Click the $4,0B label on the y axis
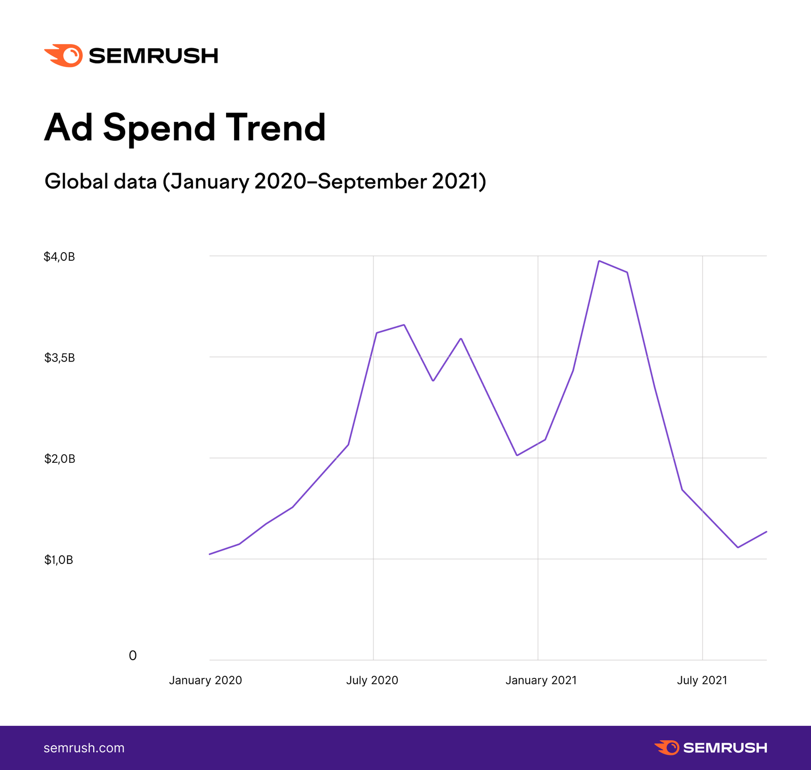[59, 257]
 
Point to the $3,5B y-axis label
[59, 358]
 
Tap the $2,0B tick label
[59, 459]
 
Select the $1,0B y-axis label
[59, 560]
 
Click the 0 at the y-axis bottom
[133, 656]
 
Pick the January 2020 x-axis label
[205, 680]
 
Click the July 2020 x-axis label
[372, 680]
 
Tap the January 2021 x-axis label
[541, 680]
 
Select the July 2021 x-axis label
[702, 680]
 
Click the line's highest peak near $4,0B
[599, 261]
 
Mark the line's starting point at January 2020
[210, 554]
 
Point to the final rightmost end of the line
[766, 532]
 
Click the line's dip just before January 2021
[517, 455]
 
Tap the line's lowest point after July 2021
[738, 547]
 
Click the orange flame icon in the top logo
[65, 56]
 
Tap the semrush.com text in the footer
[84, 748]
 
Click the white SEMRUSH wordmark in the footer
[725, 748]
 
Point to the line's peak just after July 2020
[403, 325]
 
